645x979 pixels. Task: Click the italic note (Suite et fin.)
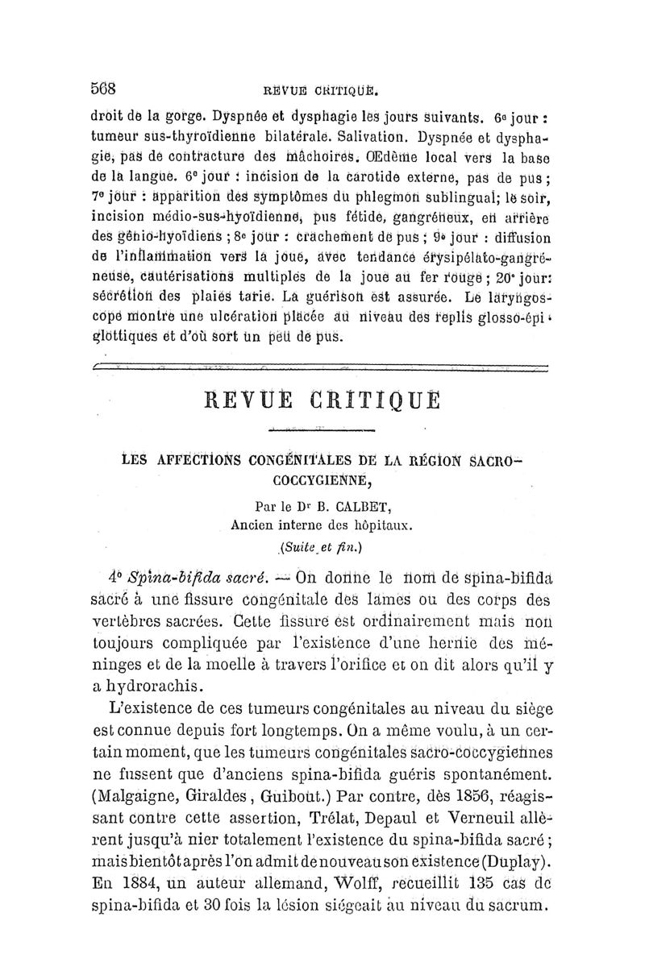pyautogui.click(x=321, y=549)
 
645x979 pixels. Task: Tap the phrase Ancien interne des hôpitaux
pyautogui.click(x=321, y=528)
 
